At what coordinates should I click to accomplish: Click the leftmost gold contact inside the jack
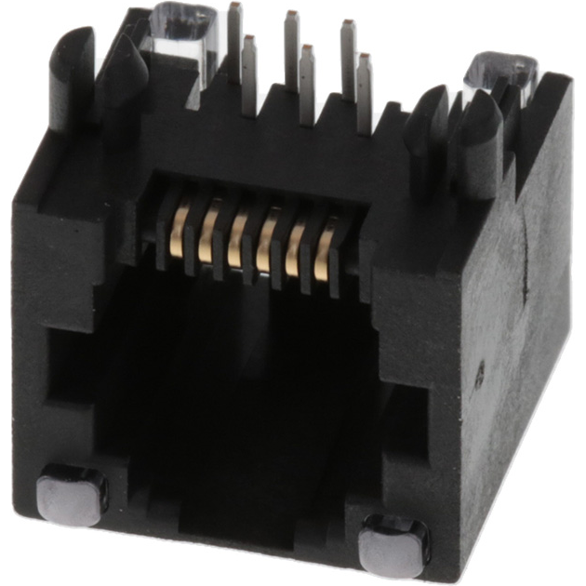pos(179,233)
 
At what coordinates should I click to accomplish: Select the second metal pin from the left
pos(249,74)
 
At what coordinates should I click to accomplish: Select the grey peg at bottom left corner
pos(73,493)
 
